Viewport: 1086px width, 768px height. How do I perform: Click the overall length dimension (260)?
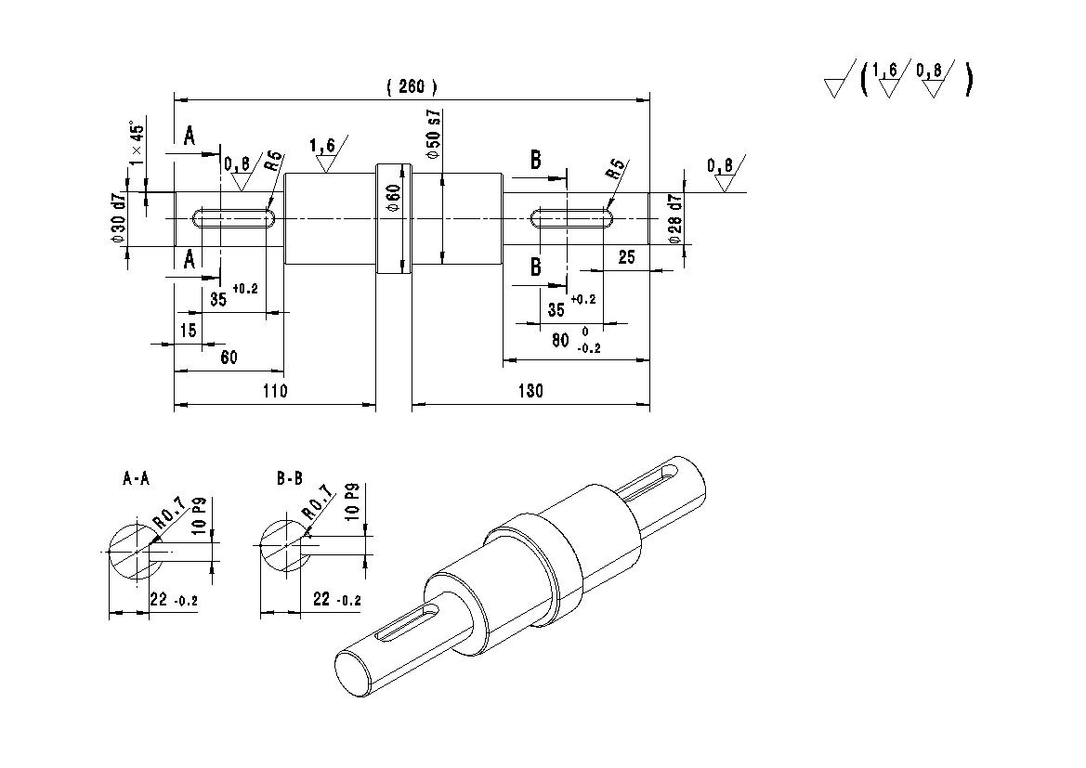pos(412,86)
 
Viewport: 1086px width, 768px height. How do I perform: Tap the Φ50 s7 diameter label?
pos(434,135)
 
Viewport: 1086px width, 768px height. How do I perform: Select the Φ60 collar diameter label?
pos(393,198)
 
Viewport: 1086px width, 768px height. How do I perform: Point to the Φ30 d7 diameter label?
pos(118,217)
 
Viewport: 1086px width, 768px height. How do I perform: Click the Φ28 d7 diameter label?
pos(675,219)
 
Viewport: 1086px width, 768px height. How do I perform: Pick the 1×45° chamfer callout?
pos(137,144)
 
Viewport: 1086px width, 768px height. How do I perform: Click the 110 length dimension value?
pos(275,391)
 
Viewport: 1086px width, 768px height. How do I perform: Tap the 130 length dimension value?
pos(530,391)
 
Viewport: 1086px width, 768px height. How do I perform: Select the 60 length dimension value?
pos(229,358)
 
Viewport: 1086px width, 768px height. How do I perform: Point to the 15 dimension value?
pos(188,331)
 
